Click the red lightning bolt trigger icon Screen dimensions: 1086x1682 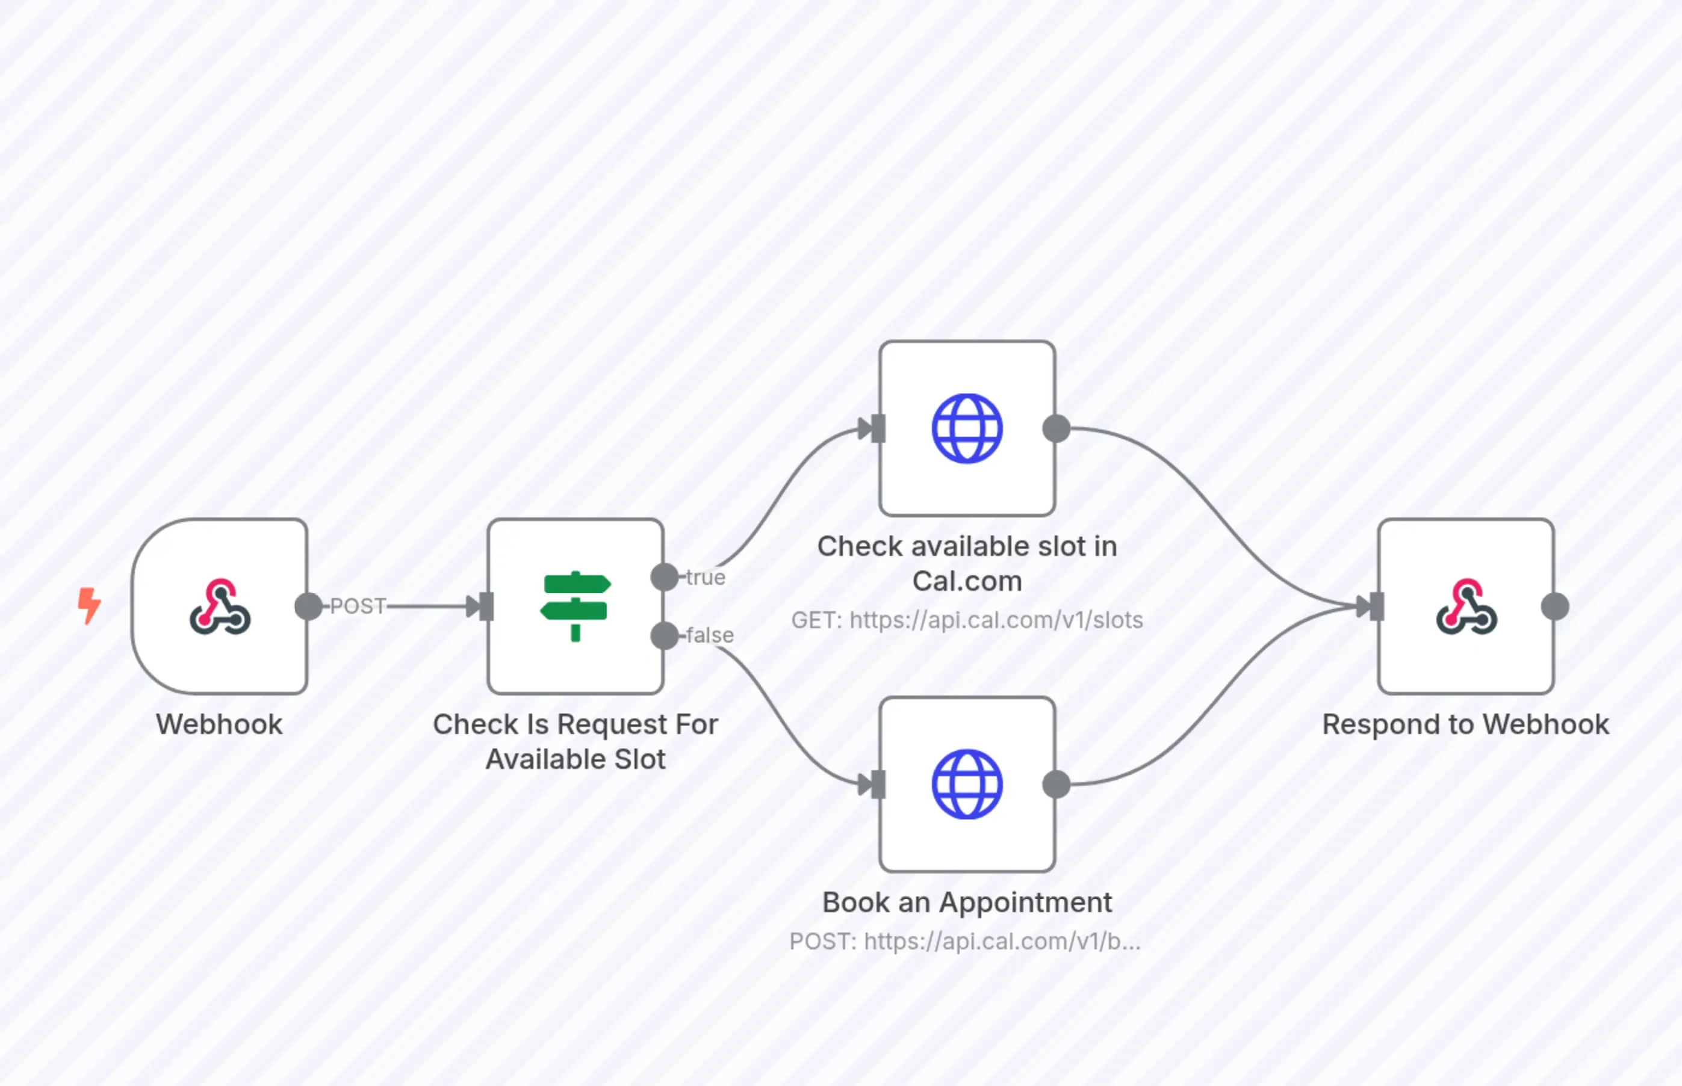pyautogui.click(x=89, y=606)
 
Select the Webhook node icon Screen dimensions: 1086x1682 pyautogui.click(x=219, y=606)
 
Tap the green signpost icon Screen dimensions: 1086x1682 pyautogui.click(x=576, y=606)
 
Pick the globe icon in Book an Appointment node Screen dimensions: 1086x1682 pyautogui.click(x=967, y=784)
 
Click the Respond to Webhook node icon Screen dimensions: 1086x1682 pyautogui.click(x=1466, y=606)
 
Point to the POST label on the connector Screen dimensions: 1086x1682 pyautogui.click(x=358, y=606)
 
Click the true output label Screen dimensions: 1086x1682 pyautogui.click(x=706, y=578)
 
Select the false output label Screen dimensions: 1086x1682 pyautogui.click(x=710, y=635)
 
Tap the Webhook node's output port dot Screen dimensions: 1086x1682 pyautogui.click(x=308, y=606)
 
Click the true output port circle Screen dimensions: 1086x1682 pyautogui.click(x=664, y=577)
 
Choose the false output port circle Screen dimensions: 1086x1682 pyautogui.click(x=664, y=635)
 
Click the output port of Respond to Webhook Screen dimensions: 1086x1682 pyautogui.click(x=1555, y=606)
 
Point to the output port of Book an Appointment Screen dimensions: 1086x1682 pyautogui.click(x=1056, y=784)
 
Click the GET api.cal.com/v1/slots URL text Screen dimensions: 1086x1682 pyautogui.click(x=967, y=620)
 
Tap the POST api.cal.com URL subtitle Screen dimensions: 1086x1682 pyautogui.click(x=965, y=942)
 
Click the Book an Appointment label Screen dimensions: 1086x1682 pyautogui.click(x=967, y=902)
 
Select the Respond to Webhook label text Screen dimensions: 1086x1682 pyautogui.click(x=1465, y=724)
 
